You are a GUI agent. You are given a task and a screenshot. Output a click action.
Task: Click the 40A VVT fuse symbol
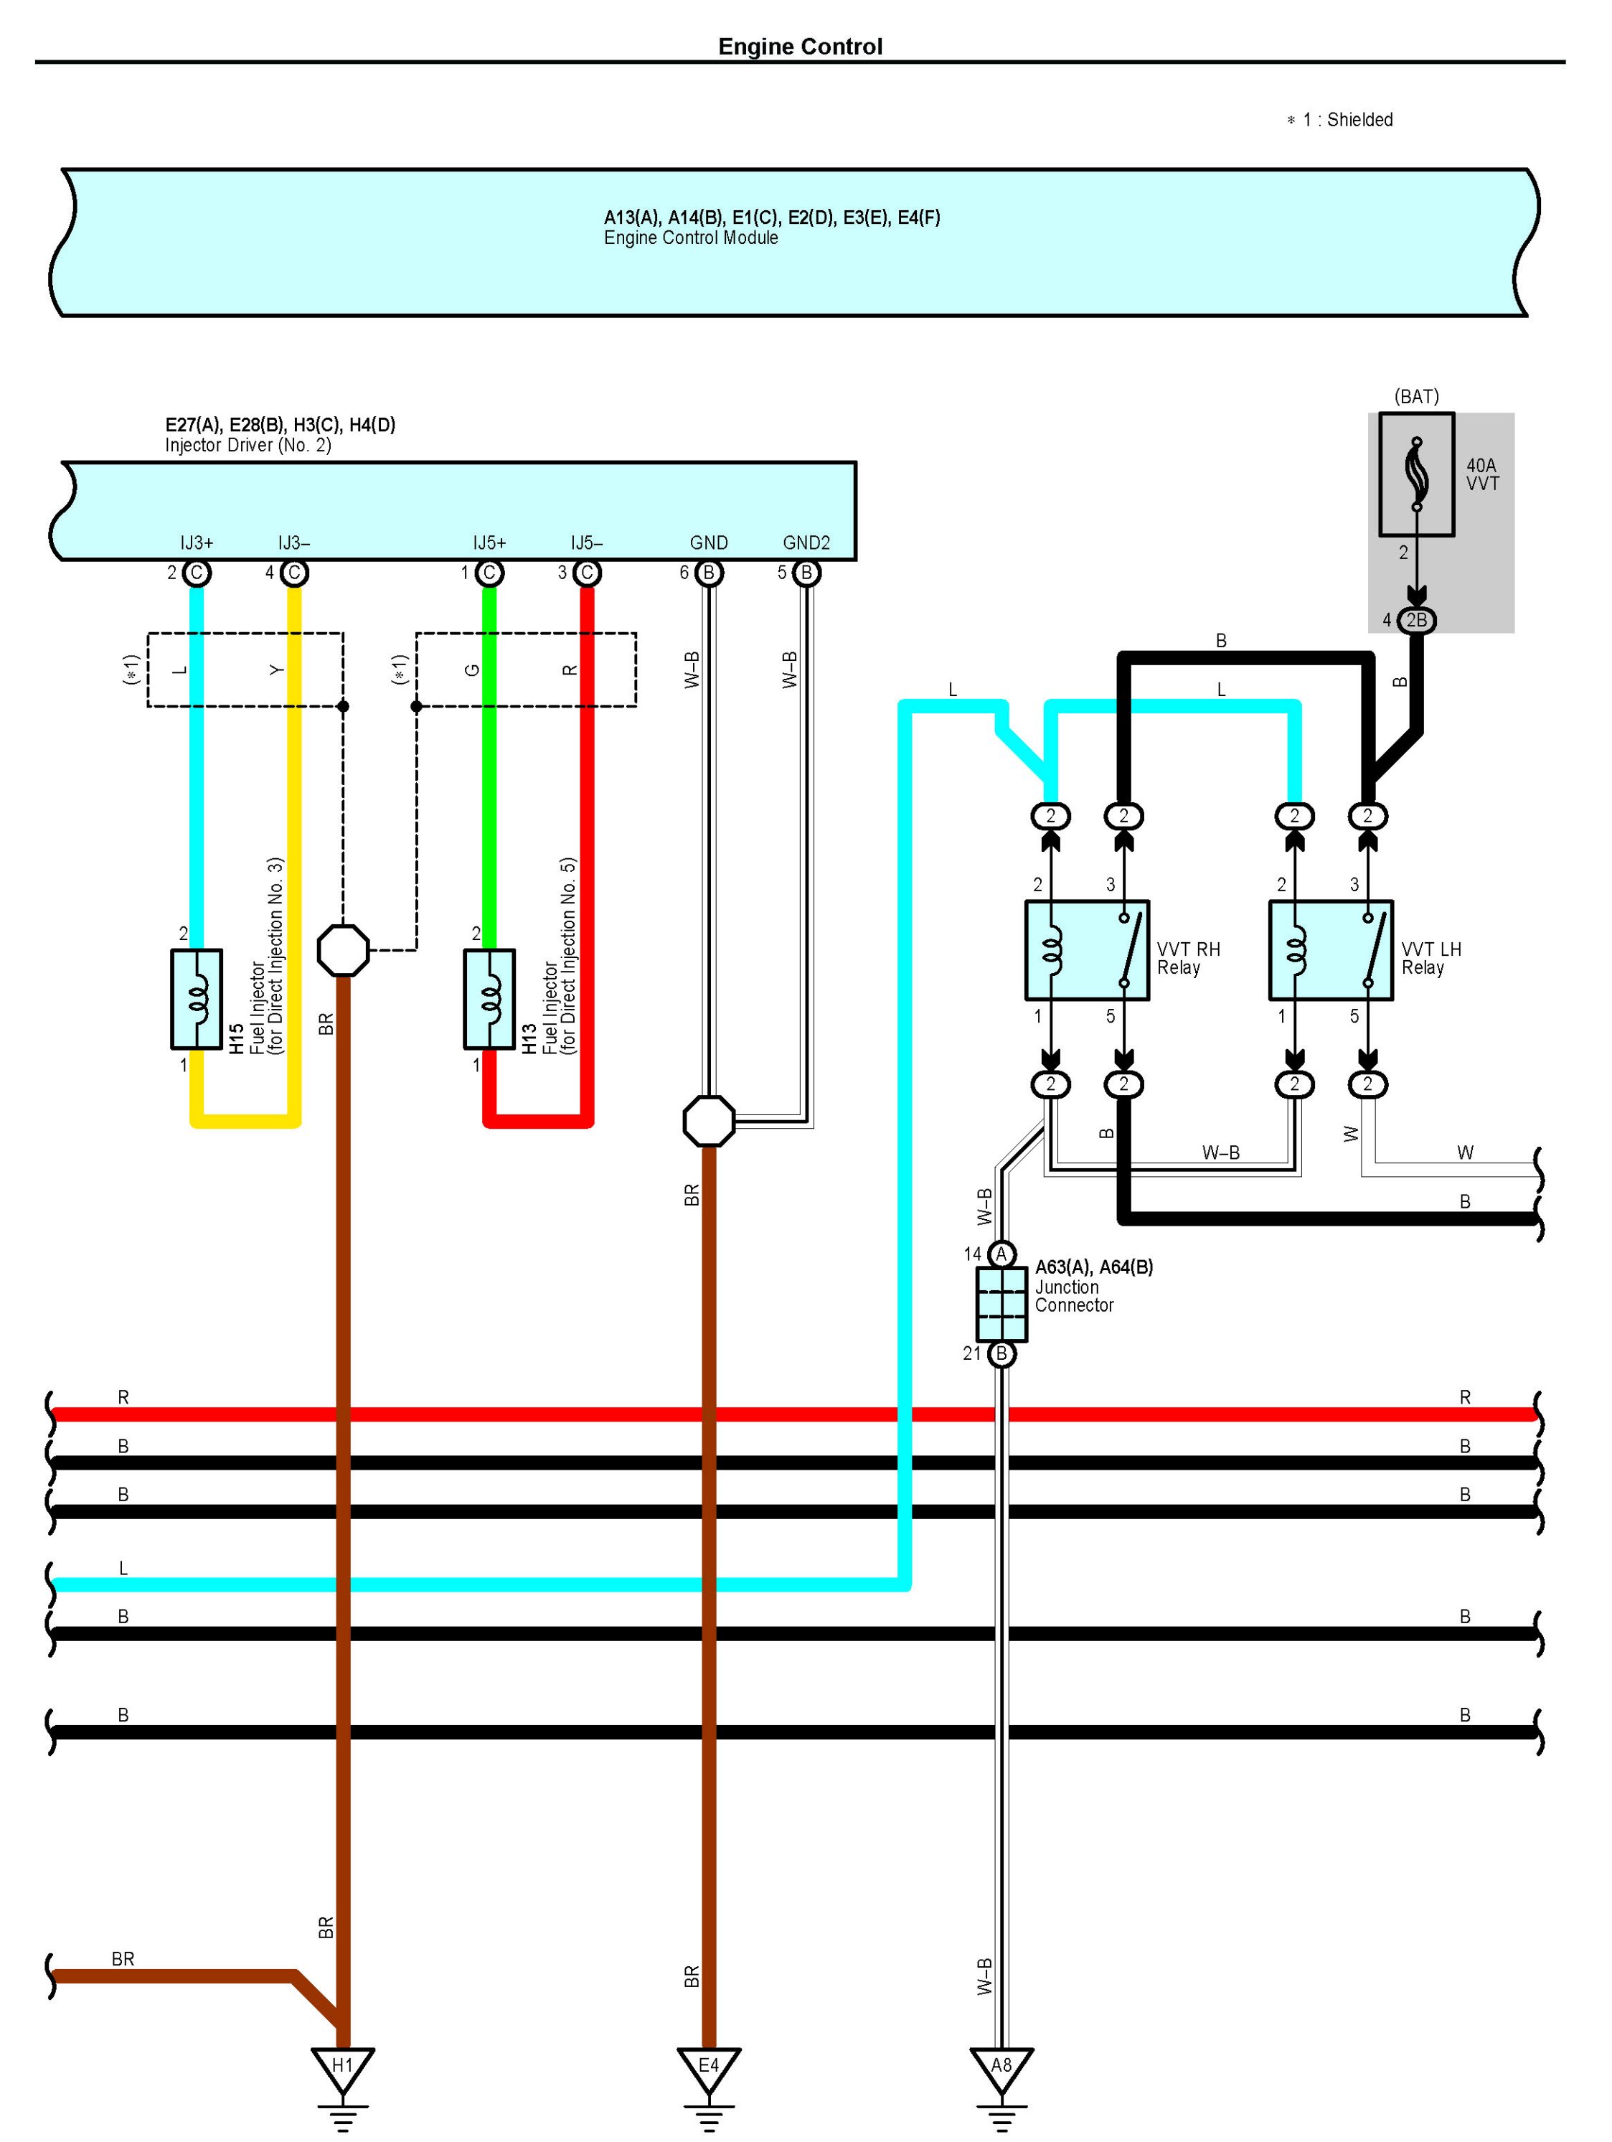(1416, 474)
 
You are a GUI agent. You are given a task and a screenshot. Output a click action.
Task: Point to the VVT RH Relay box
(1088, 950)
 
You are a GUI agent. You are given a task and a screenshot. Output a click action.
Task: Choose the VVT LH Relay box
(1331, 950)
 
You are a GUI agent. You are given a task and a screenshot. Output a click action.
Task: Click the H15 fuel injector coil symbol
(197, 998)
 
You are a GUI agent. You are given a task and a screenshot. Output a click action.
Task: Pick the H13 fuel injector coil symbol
(489, 998)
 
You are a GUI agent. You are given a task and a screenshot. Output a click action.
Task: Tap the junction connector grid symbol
(1001, 1303)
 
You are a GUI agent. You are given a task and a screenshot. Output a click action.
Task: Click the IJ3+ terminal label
(197, 543)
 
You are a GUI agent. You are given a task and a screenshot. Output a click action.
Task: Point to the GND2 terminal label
(806, 543)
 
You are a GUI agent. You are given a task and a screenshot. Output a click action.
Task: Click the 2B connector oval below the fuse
(1416, 620)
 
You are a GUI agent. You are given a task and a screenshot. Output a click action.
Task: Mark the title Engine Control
(800, 47)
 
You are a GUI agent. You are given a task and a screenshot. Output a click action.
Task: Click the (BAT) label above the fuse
(1416, 396)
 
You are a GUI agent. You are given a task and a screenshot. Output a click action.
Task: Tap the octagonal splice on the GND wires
(709, 1120)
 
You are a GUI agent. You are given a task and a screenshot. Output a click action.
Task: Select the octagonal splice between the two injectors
(343, 950)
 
